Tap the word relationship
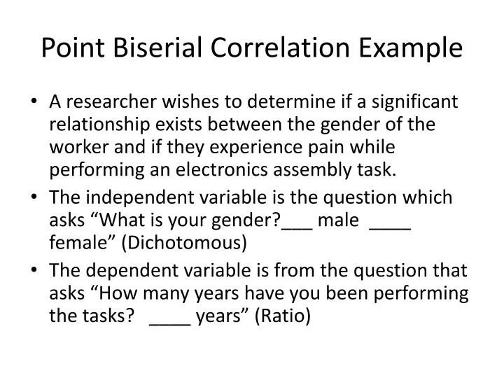[x=95, y=125]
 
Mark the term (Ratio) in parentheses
[x=283, y=316]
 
